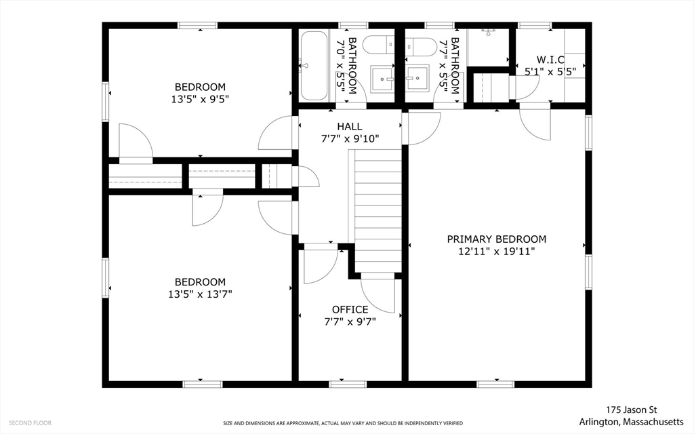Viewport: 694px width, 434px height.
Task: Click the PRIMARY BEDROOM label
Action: pyautogui.click(x=496, y=239)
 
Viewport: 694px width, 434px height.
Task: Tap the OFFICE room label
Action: pyautogui.click(x=350, y=309)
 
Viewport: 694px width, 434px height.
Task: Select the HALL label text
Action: pyautogui.click(x=350, y=127)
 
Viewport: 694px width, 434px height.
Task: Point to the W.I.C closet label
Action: pyautogui.click(x=550, y=60)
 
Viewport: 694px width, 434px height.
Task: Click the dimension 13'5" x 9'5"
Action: pyautogui.click(x=200, y=99)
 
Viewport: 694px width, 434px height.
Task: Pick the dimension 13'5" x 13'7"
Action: pyautogui.click(x=200, y=294)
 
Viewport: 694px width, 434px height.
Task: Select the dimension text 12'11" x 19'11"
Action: pyautogui.click(x=497, y=252)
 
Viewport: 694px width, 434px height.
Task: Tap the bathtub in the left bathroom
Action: pyautogui.click(x=314, y=66)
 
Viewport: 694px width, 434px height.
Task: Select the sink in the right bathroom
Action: pyautogui.click(x=417, y=79)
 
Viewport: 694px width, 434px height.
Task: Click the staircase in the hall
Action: pyautogui.click(x=375, y=211)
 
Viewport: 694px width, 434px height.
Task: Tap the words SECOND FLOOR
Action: pyautogui.click(x=30, y=423)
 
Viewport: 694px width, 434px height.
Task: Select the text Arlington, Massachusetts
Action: pyautogui.click(x=631, y=421)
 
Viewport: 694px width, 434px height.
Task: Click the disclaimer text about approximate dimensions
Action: pyautogui.click(x=342, y=423)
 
